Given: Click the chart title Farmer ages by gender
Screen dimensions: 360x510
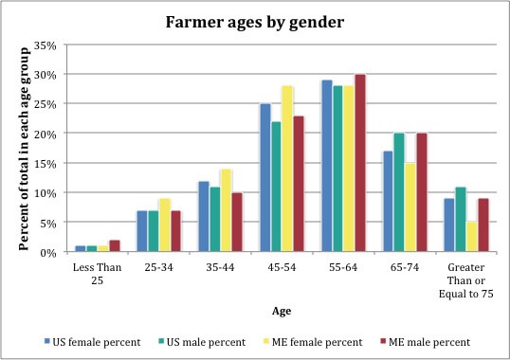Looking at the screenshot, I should [254, 20].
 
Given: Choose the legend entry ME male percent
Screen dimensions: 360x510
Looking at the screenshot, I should [425, 338].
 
